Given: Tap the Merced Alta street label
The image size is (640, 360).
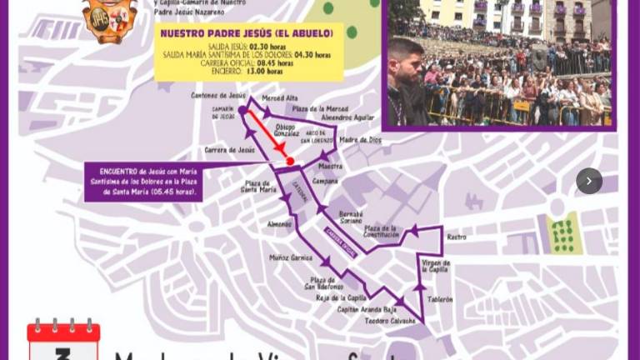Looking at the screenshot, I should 279,98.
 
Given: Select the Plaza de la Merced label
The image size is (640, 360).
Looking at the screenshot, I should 319,108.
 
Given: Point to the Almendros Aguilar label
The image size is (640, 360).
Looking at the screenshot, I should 347,117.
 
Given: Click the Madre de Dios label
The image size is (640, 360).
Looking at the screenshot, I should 360,140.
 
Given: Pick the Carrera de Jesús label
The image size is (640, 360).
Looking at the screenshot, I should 229,150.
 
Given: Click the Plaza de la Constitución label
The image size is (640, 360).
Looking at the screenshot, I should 382,232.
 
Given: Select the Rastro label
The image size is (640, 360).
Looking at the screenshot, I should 456,237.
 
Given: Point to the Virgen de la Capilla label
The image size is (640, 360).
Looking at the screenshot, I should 436,266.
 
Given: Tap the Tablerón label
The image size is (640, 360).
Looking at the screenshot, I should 440,299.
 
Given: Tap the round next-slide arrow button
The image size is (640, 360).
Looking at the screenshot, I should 589,181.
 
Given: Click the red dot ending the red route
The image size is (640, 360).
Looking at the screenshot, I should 289,161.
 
